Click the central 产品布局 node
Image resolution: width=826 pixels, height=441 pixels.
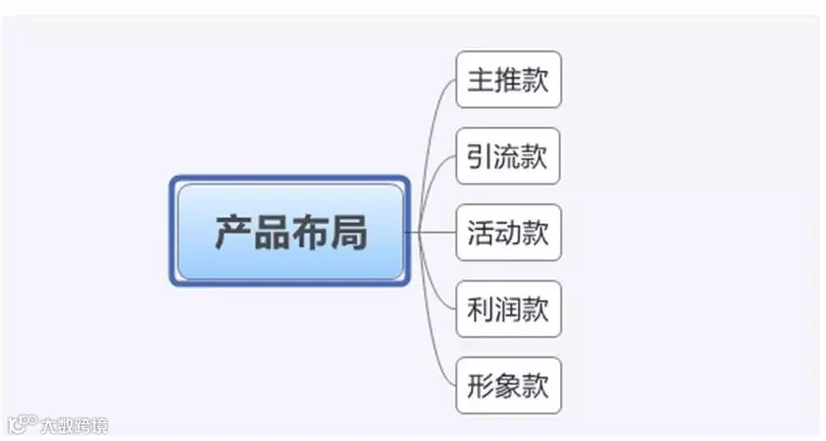(289, 231)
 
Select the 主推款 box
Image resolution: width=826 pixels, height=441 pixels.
(508, 79)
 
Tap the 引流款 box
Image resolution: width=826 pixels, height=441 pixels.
(508, 156)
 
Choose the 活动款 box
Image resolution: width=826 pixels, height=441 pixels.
(508, 232)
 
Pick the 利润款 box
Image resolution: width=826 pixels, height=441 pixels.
(508, 309)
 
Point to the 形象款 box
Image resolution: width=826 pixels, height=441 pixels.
(508, 385)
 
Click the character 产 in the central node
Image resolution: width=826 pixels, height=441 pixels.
(233, 231)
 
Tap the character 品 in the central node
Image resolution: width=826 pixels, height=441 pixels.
(272, 232)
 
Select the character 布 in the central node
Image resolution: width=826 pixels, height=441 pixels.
(309, 231)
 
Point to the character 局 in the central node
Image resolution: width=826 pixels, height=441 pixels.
(347, 232)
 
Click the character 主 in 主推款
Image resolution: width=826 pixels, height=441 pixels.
(481, 80)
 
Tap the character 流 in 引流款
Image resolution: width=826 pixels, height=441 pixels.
(507, 156)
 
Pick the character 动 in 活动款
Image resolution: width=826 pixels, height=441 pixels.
(508, 232)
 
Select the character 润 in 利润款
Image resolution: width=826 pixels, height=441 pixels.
(508, 309)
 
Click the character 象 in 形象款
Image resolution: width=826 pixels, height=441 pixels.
(508, 385)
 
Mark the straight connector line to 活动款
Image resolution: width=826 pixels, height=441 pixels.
(431, 232)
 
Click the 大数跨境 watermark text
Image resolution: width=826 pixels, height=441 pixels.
(74, 425)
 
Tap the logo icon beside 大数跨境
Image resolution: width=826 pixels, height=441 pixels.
(23, 424)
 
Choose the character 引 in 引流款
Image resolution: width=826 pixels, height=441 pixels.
(480, 156)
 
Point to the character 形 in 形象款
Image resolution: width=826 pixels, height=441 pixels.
(481, 385)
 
